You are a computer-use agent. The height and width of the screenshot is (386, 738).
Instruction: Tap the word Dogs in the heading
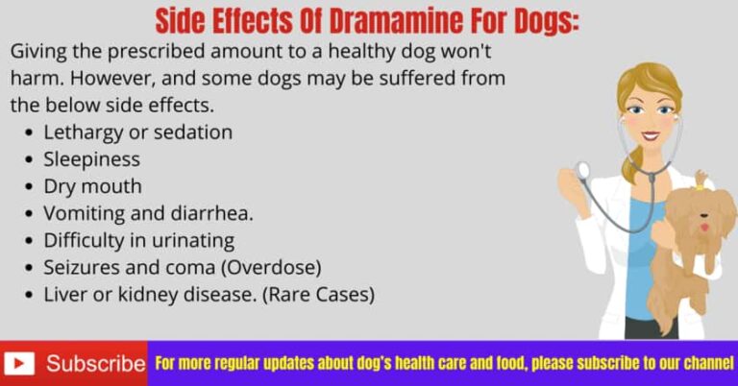coord(537,20)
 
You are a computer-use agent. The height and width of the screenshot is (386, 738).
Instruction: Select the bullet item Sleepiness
coord(91,158)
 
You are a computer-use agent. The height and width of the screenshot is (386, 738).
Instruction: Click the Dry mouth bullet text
coord(92,185)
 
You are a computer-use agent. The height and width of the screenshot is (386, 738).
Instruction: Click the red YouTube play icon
coord(19,364)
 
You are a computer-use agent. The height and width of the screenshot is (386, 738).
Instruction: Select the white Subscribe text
coord(95,364)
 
